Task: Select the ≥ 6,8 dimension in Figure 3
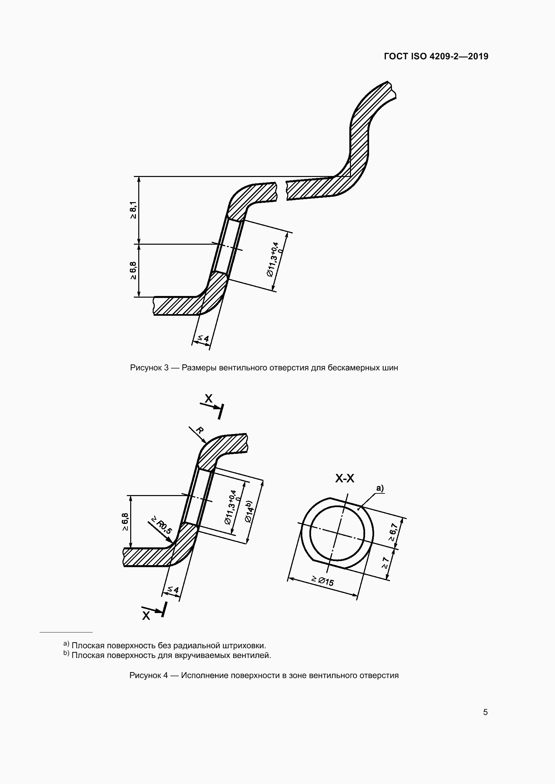133,270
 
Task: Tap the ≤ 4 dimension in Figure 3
202,339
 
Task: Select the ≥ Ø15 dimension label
322,580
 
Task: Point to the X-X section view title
345,479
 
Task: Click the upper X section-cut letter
208,398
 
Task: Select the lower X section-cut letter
146,615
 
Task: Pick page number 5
485,712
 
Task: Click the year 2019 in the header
478,56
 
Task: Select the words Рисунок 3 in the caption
149,368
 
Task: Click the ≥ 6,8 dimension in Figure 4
125,522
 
